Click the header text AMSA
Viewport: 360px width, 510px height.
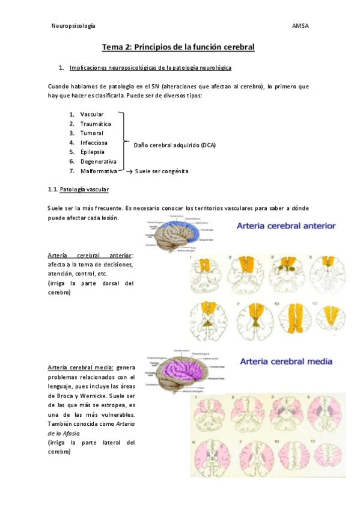coord(300,26)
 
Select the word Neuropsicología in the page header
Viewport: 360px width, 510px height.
coord(74,26)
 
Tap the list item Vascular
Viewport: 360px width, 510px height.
coord(92,114)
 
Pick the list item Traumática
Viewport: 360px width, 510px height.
coord(96,124)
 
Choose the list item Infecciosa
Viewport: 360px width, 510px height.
coord(94,143)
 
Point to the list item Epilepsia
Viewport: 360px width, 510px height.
coord(93,152)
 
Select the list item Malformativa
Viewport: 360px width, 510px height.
coord(99,171)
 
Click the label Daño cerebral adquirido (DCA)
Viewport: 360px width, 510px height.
coord(174,145)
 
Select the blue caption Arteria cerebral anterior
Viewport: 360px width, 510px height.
coord(287,226)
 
